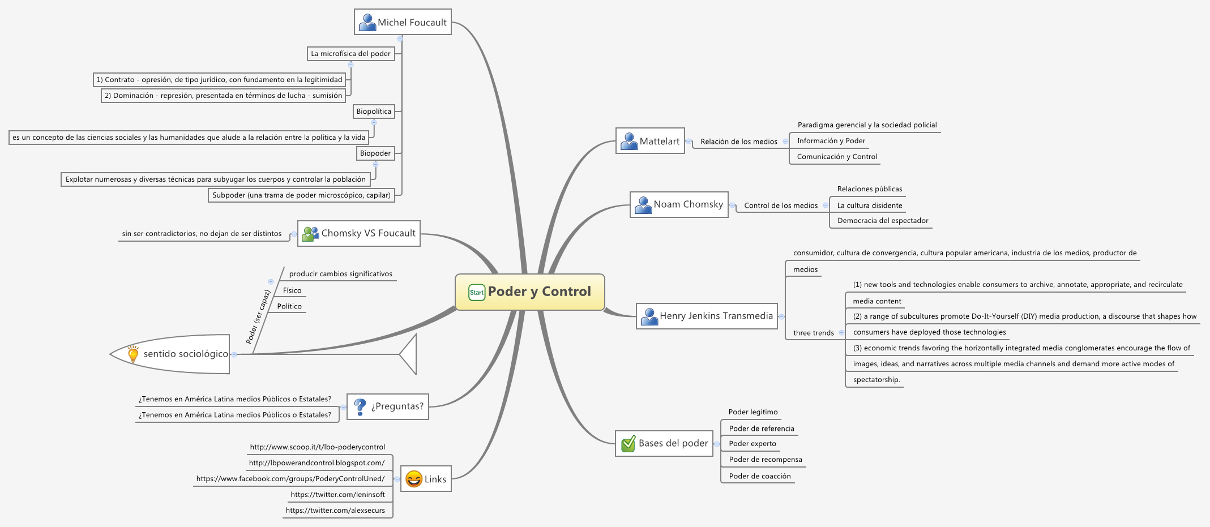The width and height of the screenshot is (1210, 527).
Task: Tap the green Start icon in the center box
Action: (477, 293)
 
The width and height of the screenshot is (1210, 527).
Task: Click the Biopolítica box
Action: (374, 112)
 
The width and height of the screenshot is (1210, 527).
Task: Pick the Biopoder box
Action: (375, 153)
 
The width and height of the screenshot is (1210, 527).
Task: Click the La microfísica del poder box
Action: (350, 54)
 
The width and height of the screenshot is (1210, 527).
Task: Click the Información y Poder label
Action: (831, 141)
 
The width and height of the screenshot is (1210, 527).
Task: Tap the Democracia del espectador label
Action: (882, 221)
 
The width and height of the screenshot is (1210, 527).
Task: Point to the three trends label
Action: (813, 333)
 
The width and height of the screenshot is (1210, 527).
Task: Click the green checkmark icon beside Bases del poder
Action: (628, 444)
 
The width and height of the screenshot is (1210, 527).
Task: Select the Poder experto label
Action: (752, 444)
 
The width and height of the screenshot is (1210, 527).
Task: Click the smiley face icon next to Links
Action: (414, 479)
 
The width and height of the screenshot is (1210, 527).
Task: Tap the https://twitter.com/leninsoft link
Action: (337, 495)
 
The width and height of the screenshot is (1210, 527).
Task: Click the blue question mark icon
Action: (360, 406)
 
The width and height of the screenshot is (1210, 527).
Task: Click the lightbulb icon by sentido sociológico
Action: (133, 354)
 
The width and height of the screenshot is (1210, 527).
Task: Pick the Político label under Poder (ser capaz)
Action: (289, 306)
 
